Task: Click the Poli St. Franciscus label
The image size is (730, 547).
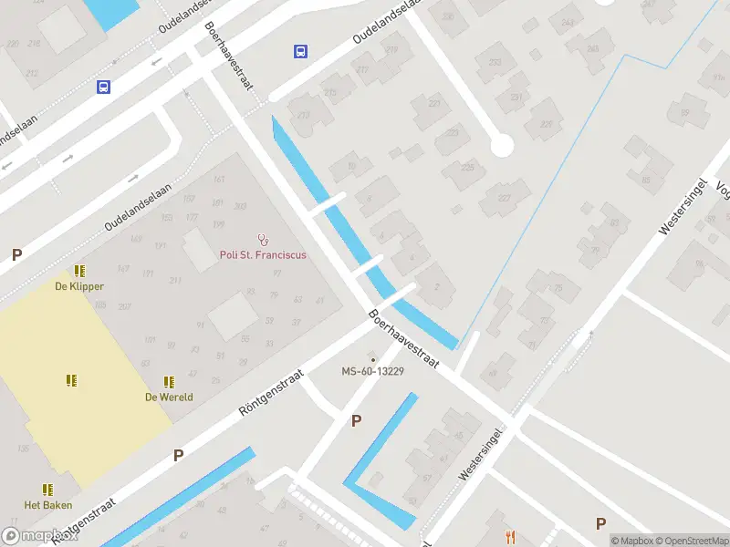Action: [x=263, y=255]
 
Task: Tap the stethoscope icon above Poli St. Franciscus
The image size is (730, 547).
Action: [x=264, y=240]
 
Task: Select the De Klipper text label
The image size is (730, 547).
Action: [x=79, y=286]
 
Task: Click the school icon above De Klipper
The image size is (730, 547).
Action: [x=79, y=271]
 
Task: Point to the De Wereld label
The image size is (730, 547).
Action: [x=168, y=397]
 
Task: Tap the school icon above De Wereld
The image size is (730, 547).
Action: [x=168, y=381]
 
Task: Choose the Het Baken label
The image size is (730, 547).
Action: [x=48, y=505]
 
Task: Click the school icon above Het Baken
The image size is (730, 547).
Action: [x=47, y=490]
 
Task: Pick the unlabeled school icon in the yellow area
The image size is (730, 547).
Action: [x=71, y=380]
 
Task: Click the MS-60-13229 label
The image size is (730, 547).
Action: [x=372, y=372]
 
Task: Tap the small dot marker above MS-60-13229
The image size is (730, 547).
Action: [x=372, y=359]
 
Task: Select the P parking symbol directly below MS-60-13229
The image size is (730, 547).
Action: [x=357, y=420]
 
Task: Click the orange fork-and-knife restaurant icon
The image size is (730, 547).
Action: [x=511, y=538]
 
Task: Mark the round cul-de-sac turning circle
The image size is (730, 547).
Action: [x=501, y=146]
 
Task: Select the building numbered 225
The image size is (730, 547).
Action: [x=469, y=168]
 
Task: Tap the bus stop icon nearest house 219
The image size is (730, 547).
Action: [x=300, y=52]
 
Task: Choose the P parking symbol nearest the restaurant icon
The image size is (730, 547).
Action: [x=600, y=523]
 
